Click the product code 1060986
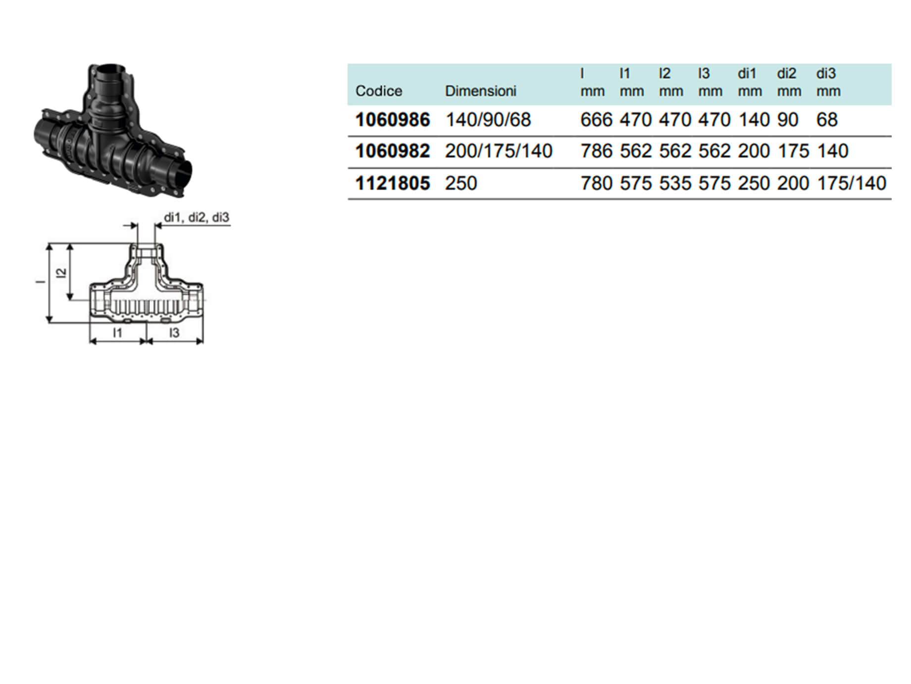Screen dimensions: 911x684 coord(393,120)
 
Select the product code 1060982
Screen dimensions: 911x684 coord(393,151)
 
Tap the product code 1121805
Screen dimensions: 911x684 coord(393,183)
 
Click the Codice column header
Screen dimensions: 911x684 coord(379,91)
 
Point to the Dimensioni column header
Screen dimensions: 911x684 coord(480,91)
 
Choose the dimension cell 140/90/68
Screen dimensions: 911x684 coord(488,120)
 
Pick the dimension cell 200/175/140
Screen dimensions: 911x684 coord(499,151)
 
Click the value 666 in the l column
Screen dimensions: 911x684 coord(597,120)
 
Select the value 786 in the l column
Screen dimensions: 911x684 coord(597,151)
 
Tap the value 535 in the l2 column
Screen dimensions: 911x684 coord(675,183)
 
